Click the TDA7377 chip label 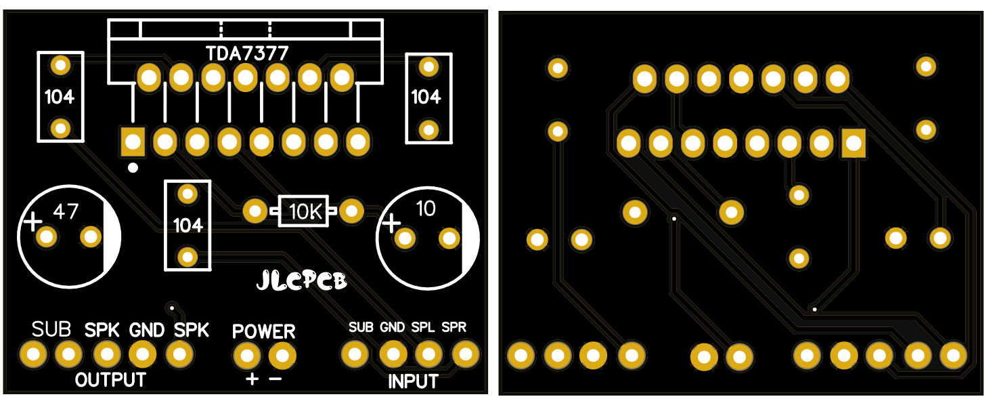(x=247, y=53)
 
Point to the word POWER (x=264, y=331)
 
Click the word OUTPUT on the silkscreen (x=110, y=380)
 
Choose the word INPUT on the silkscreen (x=413, y=382)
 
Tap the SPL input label (x=424, y=328)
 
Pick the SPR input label (x=454, y=328)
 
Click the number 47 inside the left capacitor (x=66, y=213)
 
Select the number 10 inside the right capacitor (x=426, y=209)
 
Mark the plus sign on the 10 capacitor (x=392, y=222)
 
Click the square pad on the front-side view (x=132, y=142)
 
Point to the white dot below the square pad (x=133, y=167)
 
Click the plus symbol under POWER (x=252, y=379)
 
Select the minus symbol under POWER (x=276, y=379)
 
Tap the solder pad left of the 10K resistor (x=255, y=211)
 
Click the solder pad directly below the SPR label (x=464, y=353)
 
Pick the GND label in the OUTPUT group (x=147, y=331)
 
